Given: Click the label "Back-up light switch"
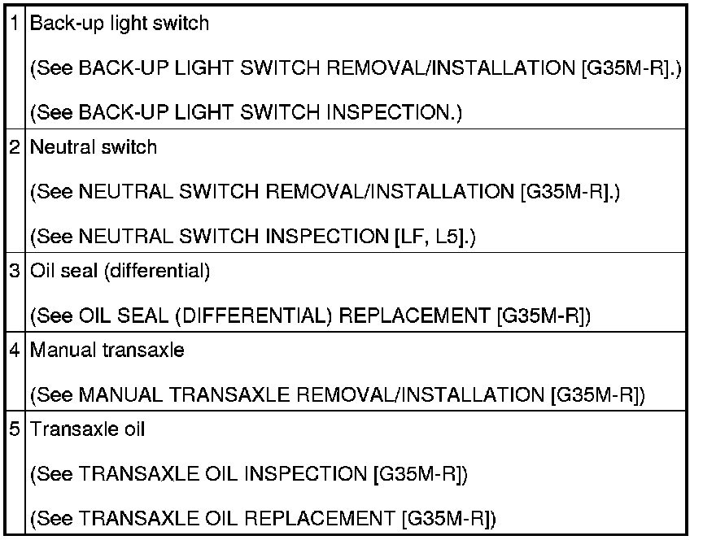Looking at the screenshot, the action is [x=119, y=24].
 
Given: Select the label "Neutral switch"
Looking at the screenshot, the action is [x=93, y=148].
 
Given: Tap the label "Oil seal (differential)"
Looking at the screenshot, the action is [x=120, y=272].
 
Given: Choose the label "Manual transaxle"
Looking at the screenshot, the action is [x=107, y=351].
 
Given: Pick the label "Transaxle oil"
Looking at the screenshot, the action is [x=87, y=429].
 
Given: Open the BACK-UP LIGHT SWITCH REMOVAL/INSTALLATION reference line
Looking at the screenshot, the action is [x=355, y=68].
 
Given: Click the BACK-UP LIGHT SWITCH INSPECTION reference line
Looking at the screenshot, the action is [x=246, y=112].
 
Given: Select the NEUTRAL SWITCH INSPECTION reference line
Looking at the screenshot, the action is [x=252, y=237].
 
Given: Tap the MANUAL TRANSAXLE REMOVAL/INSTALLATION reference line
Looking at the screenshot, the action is [x=337, y=395].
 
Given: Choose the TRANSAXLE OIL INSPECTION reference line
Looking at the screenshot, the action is [x=249, y=473].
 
